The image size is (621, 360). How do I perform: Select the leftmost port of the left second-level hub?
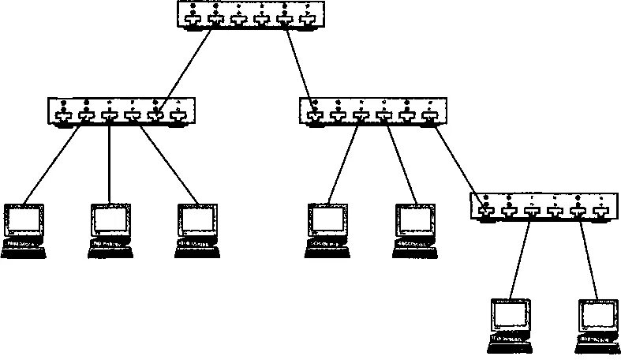point(63,117)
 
